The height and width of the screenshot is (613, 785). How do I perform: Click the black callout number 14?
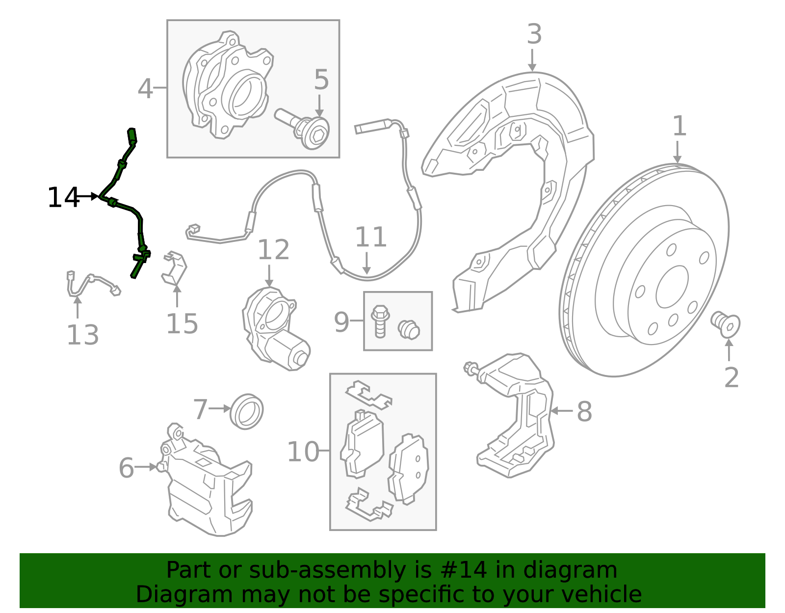(x=63, y=198)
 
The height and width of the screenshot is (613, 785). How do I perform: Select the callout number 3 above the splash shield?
(x=534, y=34)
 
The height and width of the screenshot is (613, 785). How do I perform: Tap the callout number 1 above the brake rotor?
(x=679, y=126)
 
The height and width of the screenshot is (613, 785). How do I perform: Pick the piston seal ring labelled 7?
(x=247, y=411)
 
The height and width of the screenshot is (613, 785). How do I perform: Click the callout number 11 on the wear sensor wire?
(x=371, y=237)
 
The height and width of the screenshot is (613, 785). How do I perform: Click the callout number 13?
(x=82, y=335)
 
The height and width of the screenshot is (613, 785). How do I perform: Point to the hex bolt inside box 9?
(x=380, y=321)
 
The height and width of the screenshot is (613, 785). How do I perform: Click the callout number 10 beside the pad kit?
(x=303, y=452)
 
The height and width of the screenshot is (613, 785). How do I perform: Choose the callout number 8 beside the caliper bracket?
(x=584, y=411)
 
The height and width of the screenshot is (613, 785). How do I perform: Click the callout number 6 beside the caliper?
(x=126, y=468)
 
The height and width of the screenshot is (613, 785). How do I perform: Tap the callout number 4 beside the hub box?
(x=145, y=89)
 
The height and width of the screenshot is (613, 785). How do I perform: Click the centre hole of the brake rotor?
(x=672, y=287)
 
